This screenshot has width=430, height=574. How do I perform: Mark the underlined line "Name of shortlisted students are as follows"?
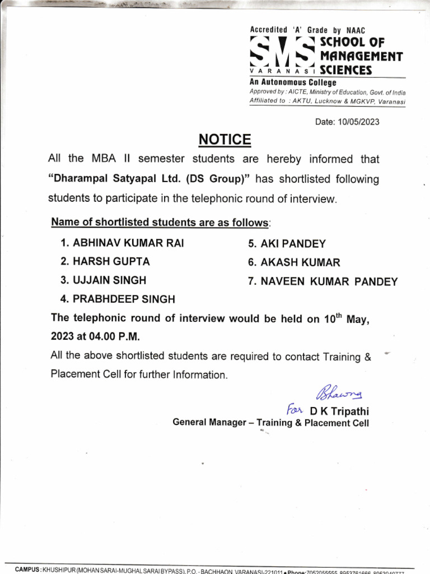160,223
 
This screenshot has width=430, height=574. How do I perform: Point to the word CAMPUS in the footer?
27,570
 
